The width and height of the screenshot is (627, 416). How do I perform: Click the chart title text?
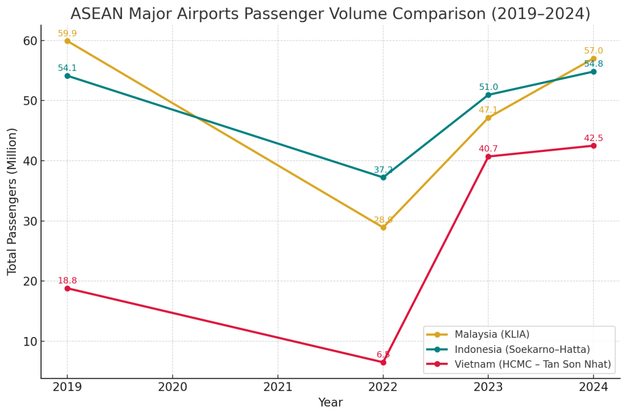[x=330, y=14]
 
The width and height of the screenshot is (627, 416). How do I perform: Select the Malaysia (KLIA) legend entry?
[x=492, y=335]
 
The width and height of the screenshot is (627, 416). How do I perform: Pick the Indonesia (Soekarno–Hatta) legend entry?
[x=522, y=349]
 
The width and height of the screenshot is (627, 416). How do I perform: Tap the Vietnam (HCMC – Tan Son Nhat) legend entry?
[x=532, y=365]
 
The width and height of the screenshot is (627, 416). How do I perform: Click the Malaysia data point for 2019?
[x=67, y=41]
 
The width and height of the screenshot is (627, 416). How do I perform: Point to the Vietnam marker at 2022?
[x=383, y=362]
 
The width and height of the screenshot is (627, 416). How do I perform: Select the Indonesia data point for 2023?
[x=488, y=95]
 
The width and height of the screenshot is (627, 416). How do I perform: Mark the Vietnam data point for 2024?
[x=593, y=146]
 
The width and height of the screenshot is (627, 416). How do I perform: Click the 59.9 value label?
[x=67, y=34]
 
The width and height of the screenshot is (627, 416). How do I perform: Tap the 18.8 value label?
[x=67, y=281]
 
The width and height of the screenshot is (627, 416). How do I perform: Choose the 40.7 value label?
[x=488, y=149]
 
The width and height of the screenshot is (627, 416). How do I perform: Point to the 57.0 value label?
[x=593, y=51]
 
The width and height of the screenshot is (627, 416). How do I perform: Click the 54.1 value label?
[x=67, y=68]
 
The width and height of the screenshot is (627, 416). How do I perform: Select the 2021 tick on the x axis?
[x=278, y=387]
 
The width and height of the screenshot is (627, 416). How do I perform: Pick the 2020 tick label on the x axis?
[x=173, y=387]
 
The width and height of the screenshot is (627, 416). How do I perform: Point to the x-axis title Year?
[x=330, y=403]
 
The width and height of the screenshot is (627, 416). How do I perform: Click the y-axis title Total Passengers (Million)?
[x=13, y=201]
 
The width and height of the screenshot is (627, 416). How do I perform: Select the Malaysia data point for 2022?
[x=383, y=227]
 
